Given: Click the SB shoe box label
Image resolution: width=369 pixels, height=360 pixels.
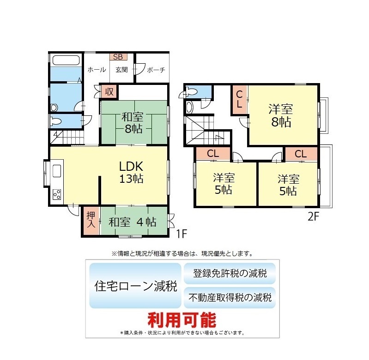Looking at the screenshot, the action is [118, 57].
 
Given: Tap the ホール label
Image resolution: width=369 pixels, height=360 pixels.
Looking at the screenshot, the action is [97, 70].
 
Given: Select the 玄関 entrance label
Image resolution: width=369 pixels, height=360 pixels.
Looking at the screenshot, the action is [121, 70].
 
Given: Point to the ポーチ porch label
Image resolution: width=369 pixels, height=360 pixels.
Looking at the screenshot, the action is [156, 70].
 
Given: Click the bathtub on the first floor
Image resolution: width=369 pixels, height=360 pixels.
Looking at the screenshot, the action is [66, 60].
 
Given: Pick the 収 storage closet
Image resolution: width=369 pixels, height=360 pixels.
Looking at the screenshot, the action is [109, 92].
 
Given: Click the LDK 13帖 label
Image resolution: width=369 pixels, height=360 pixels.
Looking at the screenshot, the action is [131, 172].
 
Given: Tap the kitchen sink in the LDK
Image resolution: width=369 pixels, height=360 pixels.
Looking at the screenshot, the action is [57, 171].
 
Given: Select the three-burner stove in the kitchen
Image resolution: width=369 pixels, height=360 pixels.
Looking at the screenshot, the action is [57, 194].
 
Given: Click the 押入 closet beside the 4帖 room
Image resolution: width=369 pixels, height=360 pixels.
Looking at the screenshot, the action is [91, 221].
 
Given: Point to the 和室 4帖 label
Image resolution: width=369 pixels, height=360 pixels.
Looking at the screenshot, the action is [133, 222].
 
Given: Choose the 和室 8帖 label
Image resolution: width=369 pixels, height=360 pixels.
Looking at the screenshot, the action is [132, 123].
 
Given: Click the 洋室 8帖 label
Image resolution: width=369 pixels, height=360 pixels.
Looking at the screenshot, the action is [281, 116].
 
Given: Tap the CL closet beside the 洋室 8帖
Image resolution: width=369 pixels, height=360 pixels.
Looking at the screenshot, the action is [240, 100].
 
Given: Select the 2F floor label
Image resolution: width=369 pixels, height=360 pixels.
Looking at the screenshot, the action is [313, 216].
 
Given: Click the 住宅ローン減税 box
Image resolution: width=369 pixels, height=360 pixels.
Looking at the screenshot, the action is [135, 286].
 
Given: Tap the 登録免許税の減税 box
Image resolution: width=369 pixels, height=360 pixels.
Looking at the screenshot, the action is [230, 274].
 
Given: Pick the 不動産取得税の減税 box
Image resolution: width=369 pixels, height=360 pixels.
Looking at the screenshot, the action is [230, 298].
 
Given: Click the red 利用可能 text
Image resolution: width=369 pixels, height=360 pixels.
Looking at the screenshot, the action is [182, 320].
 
